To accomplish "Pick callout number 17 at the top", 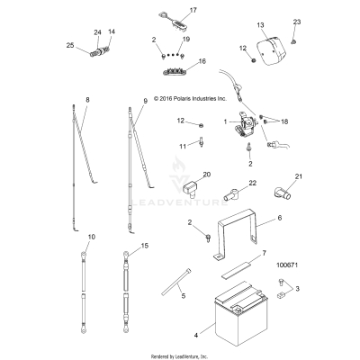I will [191, 10].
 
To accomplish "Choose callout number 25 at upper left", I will [70, 45].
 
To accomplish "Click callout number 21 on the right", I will [300, 176].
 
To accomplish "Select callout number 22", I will [228, 183].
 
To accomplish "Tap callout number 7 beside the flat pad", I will [264, 255].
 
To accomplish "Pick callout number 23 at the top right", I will [297, 22].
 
